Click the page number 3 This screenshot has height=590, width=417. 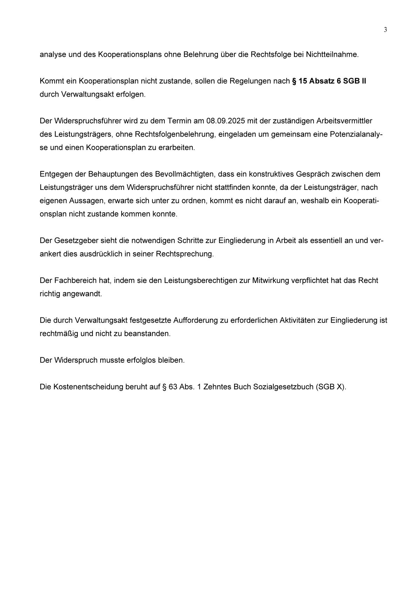(385, 30)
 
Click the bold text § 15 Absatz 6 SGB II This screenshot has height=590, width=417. (329, 81)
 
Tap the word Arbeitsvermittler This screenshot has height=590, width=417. (344, 121)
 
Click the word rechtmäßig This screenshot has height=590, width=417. (59, 334)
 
